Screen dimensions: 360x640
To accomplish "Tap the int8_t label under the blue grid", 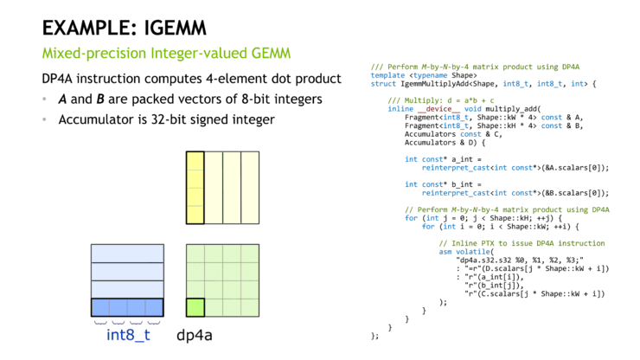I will (128, 335).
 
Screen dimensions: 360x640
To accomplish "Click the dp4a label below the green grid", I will (194, 335).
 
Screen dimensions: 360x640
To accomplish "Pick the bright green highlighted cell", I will (195, 307).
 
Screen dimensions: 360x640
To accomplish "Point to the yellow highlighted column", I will (195, 189).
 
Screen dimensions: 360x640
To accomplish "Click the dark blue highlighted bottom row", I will (127, 307).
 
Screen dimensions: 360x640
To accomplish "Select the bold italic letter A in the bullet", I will (63, 100).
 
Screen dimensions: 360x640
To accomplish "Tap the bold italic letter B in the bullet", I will (100, 100).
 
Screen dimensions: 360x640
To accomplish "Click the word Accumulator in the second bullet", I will (97, 119).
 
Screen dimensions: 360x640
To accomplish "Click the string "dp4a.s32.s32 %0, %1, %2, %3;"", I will (519, 260).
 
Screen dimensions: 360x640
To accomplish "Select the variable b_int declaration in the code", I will (440, 184).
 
